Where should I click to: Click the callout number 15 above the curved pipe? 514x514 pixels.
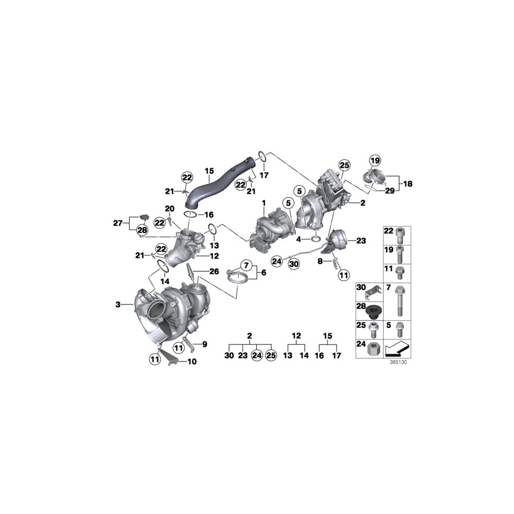click(209, 170)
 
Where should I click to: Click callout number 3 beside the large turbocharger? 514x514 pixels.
click(118, 305)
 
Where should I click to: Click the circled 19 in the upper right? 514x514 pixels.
click(374, 160)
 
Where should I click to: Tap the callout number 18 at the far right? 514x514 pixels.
click(408, 184)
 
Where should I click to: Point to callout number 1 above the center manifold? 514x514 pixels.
click(264, 203)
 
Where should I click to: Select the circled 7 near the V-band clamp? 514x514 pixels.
click(247, 265)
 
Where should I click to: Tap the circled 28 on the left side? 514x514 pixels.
click(142, 230)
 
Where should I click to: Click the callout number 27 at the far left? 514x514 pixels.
click(118, 223)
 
